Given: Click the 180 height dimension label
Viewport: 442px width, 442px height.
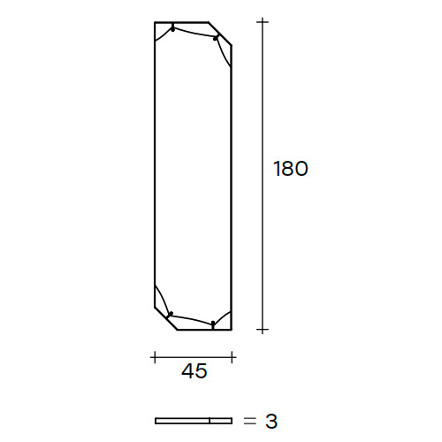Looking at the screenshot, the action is coord(291,169).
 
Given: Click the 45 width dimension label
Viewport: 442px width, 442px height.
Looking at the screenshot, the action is coord(194,371).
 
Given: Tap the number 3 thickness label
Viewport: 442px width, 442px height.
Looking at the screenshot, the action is coord(271,421).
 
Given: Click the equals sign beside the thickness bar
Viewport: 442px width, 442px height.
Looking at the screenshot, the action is coord(250,421).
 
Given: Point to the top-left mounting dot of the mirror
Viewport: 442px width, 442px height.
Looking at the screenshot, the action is coord(172,29).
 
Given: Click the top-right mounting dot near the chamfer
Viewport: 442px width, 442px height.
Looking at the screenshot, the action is coord(216,38).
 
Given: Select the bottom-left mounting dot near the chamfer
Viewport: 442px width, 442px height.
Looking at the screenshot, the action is coord(171,314).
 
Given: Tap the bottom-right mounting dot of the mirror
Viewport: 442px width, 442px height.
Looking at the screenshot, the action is coord(213,324).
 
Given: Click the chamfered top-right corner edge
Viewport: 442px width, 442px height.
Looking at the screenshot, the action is coord(220,34).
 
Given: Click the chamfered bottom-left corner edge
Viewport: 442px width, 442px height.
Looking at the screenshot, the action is coord(166,318).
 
